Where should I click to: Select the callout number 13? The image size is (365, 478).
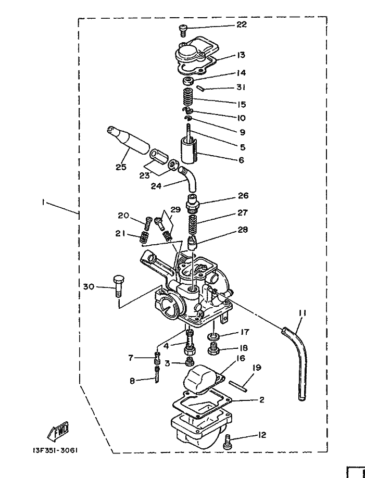tap(241, 55)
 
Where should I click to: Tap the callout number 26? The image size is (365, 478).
tap(243, 196)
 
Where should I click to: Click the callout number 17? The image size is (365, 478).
tap(245, 332)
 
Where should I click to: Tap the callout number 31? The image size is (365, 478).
tap(241, 87)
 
